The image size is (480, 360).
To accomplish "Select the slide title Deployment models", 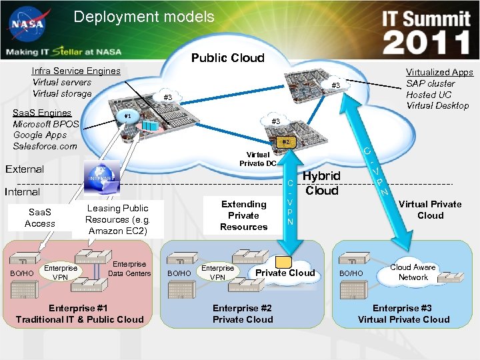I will [144, 17].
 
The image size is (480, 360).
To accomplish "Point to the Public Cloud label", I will [227, 58].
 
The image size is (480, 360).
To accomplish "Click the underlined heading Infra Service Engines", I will [76, 71].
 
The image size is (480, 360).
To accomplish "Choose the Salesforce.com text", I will [45, 146].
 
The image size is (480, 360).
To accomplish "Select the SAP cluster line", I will [431, 83].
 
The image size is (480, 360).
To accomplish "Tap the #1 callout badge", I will [127, 115].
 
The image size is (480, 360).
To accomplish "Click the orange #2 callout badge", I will [285, 142].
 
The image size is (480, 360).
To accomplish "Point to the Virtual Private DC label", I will [258, 159].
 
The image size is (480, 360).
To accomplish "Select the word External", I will [25, 169].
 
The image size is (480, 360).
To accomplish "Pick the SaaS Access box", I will [40, 218].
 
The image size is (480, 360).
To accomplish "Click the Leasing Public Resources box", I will [117, 219].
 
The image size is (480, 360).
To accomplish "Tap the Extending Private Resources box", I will [243, 215].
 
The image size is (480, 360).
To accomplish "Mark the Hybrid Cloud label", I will [322, 183].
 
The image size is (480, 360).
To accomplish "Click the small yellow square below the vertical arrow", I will [284, 263].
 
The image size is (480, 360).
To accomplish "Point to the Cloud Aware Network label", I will [413, 272].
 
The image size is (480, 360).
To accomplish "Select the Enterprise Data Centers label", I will [129, 269].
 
